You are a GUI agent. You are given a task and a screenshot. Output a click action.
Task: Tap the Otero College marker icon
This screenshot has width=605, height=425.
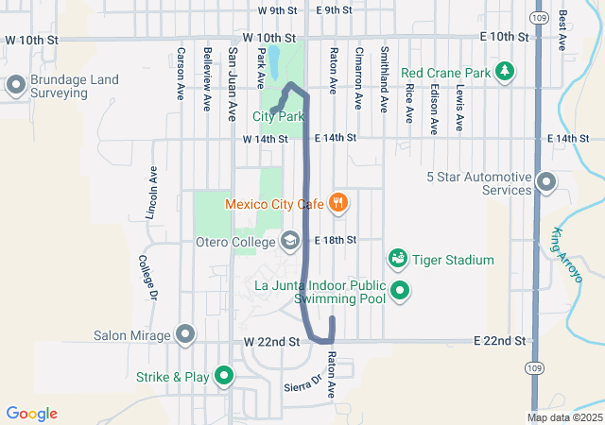[x=290, y=241]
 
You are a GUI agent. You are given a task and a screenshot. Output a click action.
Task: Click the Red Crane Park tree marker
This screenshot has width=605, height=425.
[x=506, y=72]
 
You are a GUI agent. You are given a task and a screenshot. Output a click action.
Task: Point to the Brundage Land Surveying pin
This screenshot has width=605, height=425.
[x=15, y=86]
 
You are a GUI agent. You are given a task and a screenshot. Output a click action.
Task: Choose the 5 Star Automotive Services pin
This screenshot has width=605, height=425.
[x=545, y=181]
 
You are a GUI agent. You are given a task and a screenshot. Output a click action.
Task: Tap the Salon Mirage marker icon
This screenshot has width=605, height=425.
[x=185, y=334]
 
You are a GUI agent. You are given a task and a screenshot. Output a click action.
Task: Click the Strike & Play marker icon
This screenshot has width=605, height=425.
[x=224, y=376]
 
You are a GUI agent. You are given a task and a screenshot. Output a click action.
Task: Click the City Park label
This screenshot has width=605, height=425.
[x=278, y=116]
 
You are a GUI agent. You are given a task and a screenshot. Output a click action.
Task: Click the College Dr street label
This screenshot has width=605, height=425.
[x=147, y=274]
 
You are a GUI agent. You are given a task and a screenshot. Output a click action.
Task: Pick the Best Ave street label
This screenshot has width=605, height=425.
[x=562, y=30]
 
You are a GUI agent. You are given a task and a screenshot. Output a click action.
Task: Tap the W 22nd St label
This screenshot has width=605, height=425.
[x=271, y=341]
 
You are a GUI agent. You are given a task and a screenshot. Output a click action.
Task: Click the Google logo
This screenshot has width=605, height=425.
[x=32, y=414]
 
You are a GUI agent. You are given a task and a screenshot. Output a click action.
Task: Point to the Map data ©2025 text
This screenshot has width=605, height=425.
[x=564, y=417]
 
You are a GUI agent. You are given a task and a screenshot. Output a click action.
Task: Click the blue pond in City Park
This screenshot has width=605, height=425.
[x=273, y=62]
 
